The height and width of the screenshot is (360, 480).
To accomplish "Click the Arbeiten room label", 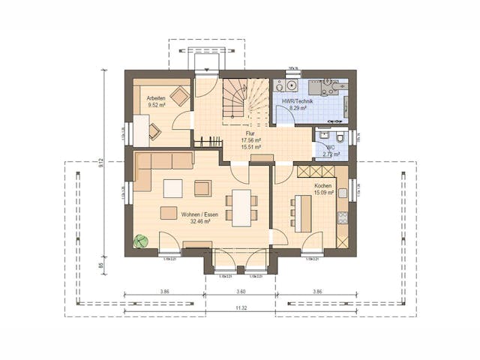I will (156, 98).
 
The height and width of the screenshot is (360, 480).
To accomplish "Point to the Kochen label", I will (323, 185).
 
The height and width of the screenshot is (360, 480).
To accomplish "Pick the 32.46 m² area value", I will (199, 221).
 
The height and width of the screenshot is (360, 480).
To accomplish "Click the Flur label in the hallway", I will (250, 133).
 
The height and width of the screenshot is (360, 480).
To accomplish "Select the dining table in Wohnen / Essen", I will (241, 207).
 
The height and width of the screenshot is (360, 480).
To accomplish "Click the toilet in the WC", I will (340, 138).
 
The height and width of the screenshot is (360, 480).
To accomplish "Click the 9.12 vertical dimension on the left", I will (102, 165).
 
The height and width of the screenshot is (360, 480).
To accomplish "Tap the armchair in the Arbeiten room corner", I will (179, 96).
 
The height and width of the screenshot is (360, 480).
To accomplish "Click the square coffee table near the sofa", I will (172, 187).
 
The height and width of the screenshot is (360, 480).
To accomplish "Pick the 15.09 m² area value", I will (323, 192).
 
